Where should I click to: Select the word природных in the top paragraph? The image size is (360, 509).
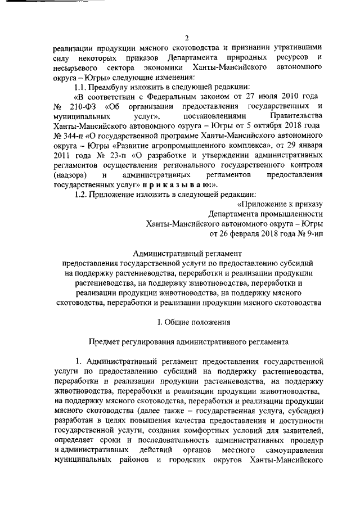245,58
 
